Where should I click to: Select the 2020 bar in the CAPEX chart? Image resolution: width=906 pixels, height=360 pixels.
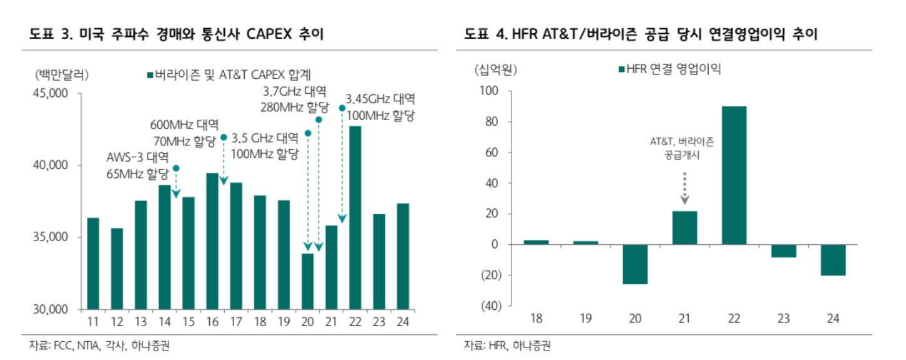pos(307,281)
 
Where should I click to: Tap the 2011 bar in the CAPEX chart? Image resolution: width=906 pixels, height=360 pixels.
pos(93,264)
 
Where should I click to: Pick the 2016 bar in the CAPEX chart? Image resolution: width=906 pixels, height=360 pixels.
pos(212,241)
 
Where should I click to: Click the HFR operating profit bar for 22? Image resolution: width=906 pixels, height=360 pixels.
pos(734,175)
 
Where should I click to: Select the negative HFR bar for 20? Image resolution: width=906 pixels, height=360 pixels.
pos(635,264)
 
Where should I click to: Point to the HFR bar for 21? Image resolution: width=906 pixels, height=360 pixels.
pos(684,228)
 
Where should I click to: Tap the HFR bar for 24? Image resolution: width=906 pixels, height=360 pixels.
pos(833,260)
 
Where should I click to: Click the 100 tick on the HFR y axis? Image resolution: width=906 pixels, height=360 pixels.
pos(490,91)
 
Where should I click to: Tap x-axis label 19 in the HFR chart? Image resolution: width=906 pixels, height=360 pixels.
pos(585,319)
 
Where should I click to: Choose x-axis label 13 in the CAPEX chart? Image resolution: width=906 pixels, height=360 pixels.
pos(141,323)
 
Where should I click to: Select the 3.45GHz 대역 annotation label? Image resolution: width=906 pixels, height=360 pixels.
pos(380,99)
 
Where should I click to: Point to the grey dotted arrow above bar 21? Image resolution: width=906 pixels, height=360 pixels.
pos(684,188)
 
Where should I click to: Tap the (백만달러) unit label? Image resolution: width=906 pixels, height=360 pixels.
pos(62,75)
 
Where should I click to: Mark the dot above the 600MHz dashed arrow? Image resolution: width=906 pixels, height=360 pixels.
pos(224,137)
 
